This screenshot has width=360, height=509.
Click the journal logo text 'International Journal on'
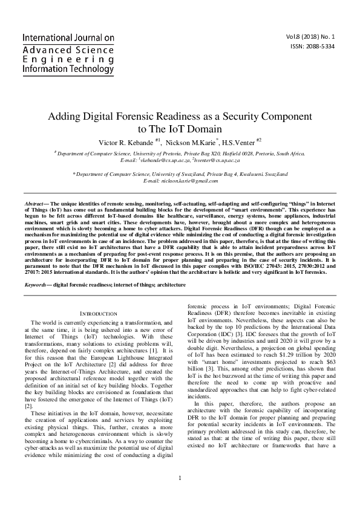(68, 37)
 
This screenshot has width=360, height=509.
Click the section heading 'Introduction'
(99, 314)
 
